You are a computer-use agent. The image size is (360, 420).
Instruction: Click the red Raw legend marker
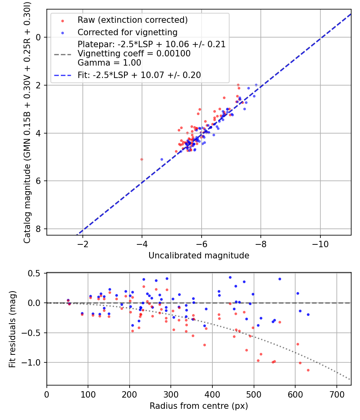click(x=63, y=21)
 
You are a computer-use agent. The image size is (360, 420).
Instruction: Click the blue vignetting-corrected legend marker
click(x=63, y=33)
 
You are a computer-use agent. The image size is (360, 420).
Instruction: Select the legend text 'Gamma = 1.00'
click(x=109, y=63)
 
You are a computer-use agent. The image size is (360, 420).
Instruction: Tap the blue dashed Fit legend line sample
click(x=63, y=76)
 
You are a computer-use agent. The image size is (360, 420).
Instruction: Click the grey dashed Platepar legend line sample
click(x=63, y=54)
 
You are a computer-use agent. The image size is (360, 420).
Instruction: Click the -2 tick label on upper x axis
click(x=82, y=244)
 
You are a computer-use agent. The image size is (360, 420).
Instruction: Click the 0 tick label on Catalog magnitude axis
click(x=38, y=37)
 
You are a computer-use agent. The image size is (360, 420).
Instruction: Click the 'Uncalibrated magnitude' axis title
click(x=199, y=256)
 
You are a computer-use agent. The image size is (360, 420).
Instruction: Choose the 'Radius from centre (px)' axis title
click(x=199, y=406)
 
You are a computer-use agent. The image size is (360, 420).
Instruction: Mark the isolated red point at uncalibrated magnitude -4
click(x=142, y=159)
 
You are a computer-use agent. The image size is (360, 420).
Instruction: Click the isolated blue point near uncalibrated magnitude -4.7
click(x=162, y=159)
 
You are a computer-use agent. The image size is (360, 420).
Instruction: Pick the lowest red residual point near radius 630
click(x=308, y=370)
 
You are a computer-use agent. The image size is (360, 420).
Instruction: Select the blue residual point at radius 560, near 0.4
click(x=280, y=279)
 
